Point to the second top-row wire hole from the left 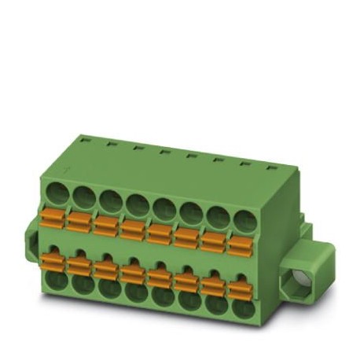pos(83,195)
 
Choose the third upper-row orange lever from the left pos(105,224)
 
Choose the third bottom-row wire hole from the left pos(108,287)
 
